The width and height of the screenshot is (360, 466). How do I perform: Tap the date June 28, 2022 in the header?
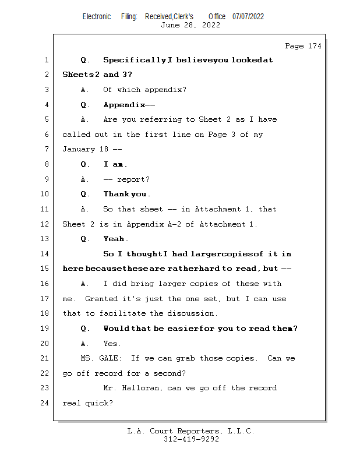tap(190, 25)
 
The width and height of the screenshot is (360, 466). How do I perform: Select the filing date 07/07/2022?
tap(248, 16)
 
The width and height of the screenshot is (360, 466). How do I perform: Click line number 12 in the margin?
tap(45, 224)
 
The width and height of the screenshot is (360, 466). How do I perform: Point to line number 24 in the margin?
tap(45, 403)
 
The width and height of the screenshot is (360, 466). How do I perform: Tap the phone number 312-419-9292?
tap(191, 440)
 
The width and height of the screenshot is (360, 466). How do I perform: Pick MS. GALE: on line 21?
tap(100, 358)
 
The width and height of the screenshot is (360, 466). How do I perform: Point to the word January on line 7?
tap(79, 150)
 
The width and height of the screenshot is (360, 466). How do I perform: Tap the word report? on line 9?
tap(133, 179)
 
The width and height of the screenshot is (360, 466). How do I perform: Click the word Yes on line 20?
tap(111, 344)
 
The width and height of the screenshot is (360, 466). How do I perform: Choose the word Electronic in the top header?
tap(97, 16)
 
